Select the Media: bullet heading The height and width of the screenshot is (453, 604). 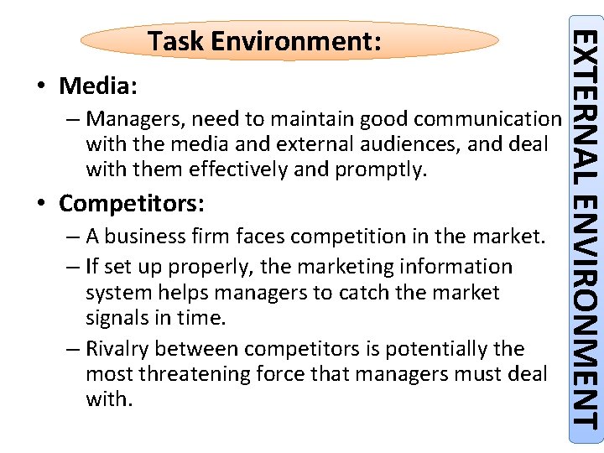pyautogui.click(x=99, y=86)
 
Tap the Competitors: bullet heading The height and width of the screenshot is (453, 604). pyautogui.click(x=132, y=204)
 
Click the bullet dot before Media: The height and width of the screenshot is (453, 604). pyautogui.click(x=40, y=87)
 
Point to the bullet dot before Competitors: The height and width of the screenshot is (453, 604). pyautogui.click(x=40, y=205)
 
